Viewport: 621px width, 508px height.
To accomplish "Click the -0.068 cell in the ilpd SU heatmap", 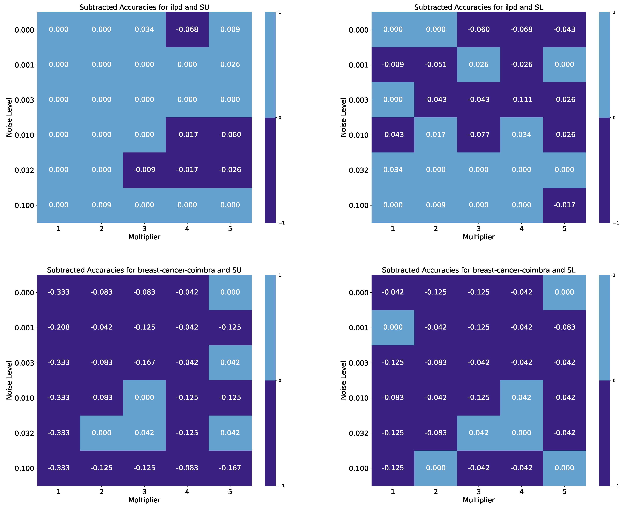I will pos(187,29).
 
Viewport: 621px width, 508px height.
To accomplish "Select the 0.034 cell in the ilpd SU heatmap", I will pos(144,29).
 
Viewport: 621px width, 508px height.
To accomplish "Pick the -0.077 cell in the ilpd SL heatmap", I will pos(478,135).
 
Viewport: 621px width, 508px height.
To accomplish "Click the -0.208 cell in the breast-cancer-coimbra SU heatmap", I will pos(59,327).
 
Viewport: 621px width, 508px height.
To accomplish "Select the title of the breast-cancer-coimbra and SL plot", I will pos(478,270).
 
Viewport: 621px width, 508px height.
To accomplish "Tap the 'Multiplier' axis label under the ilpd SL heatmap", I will pos(478,237).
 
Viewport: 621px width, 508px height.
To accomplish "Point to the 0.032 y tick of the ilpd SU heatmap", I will pos(25,170).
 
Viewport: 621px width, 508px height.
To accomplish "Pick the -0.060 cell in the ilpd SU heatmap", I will pos(230,135).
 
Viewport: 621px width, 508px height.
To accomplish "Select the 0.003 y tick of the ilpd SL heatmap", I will pos(359,100).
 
